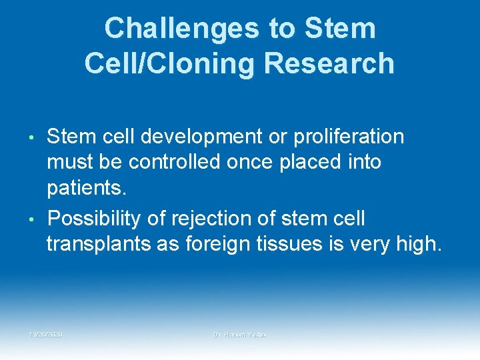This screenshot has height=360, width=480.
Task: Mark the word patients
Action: click(85, 188)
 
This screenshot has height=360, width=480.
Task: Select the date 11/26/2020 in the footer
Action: click(46, 333)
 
